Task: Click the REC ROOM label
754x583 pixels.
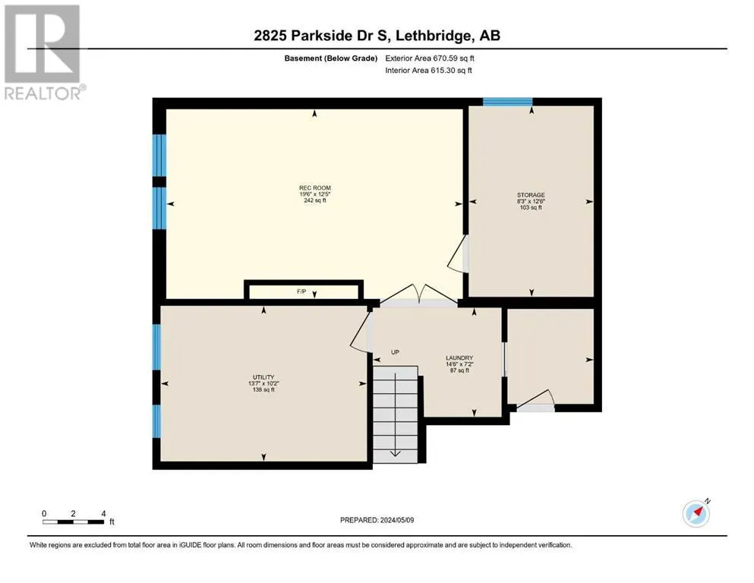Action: coord(315,188)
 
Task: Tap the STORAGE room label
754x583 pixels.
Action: coord(531,195)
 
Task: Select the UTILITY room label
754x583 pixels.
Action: coord(263,377)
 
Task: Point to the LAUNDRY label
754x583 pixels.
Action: coord(459,358)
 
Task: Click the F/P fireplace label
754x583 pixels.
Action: coord(301,291)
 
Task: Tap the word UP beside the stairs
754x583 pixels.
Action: coord(395,352)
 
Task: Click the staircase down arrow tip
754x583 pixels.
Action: coord(396,455)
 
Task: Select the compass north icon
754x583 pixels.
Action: coord(696,513)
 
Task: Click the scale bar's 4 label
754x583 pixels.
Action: coord(103,514)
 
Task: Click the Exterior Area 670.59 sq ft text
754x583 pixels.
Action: coord(430,58)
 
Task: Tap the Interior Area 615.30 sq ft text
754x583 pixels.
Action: coord(428,70)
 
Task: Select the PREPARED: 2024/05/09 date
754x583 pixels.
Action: coord(377,520)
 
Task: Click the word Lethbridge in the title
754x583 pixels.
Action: coord(433,36)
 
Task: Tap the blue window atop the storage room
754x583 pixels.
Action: coord(507,102)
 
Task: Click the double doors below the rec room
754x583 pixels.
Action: coord(419,294)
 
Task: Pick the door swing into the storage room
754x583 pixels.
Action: coord(458,254)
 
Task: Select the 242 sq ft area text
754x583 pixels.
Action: coord(315,200)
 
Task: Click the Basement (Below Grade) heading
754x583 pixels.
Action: coord(331,58)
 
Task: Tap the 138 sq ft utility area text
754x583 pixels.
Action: coord(263,389)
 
